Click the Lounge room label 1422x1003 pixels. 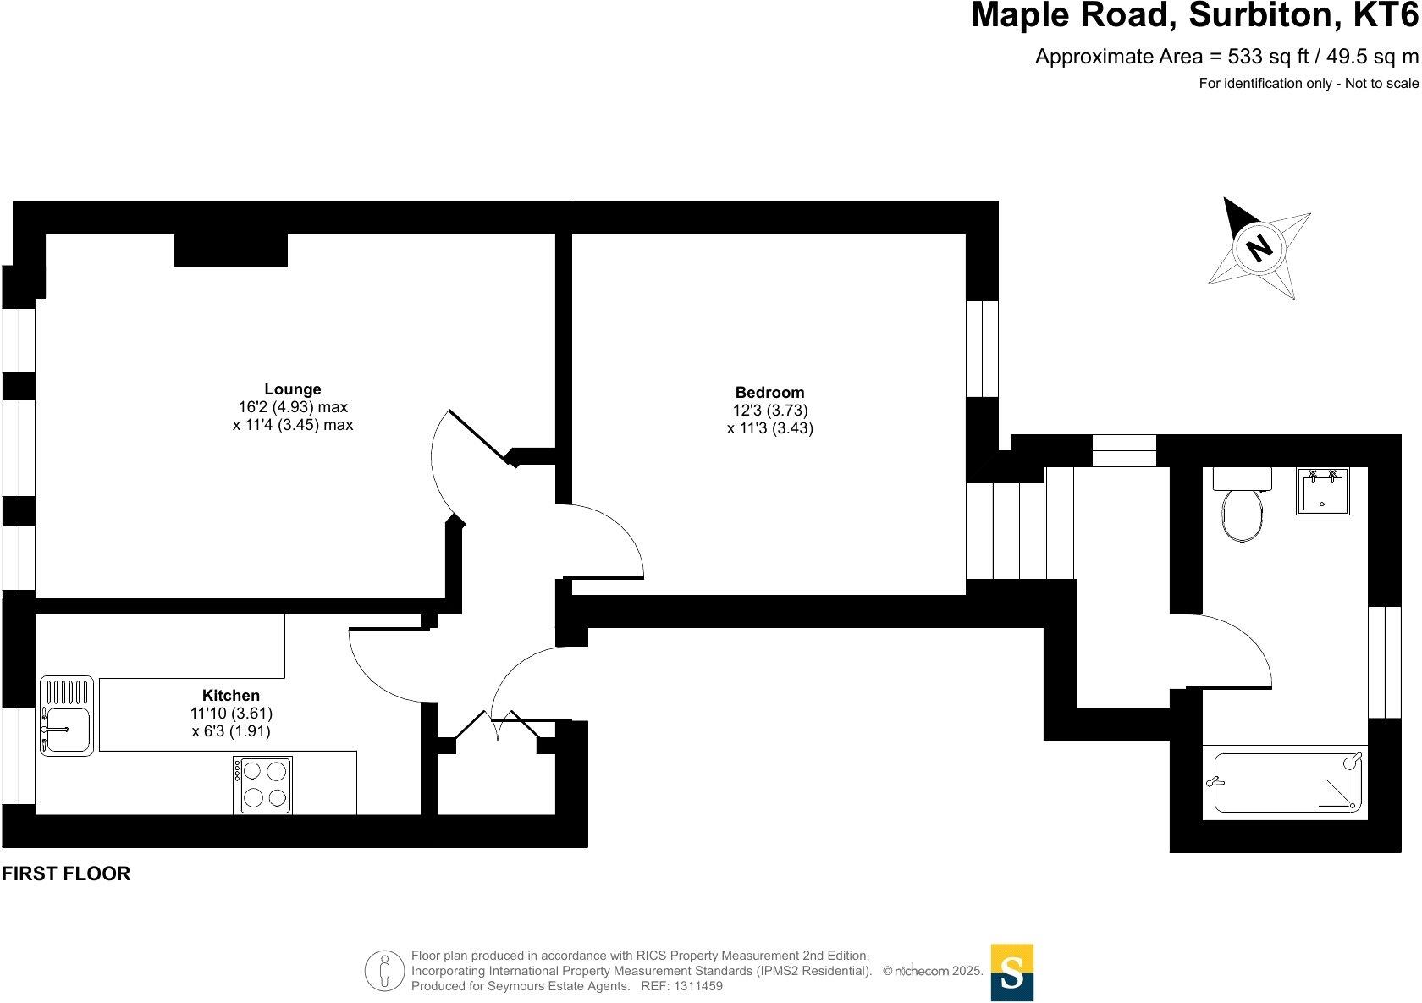(x=293, y=389)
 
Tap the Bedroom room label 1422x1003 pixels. (x=769, y=392)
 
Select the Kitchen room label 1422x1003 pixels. (x=230, y=696)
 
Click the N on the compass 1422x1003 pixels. (x=1259, y=247)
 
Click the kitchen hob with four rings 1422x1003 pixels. (x=262, y=785)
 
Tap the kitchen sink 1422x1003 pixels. (x=66, y=715)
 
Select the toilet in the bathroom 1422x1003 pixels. (x=1242, y=514)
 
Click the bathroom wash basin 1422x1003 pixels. (x=1322, y=492)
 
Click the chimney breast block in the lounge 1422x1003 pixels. (x=231, y=250)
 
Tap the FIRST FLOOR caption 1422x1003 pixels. (x=66, y=874)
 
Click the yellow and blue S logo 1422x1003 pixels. (x=1011, y=973)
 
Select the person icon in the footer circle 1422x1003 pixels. (x=385, y=972)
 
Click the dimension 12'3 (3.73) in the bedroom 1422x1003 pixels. (x=769, y=411)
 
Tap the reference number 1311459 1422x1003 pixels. (x=697, y=986)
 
